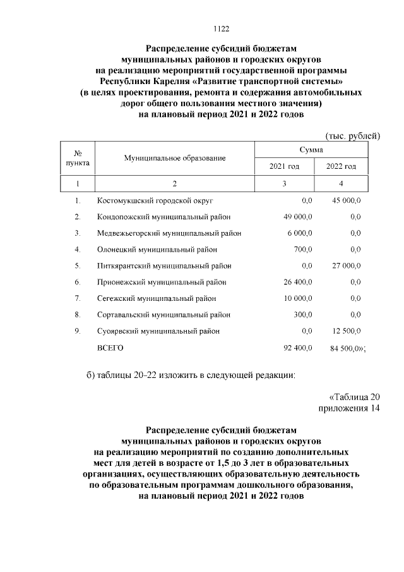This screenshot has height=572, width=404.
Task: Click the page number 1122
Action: [x=221, y=28]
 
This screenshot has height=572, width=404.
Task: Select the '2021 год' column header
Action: [x=284, y=166]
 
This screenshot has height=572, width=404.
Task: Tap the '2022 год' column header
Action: [x=341, y=166]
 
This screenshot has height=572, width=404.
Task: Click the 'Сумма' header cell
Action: [x=312, y=150]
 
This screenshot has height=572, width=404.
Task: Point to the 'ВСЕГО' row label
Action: [x=110, y=348]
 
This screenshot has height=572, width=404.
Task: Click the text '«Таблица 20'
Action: [x=355, y=397]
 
